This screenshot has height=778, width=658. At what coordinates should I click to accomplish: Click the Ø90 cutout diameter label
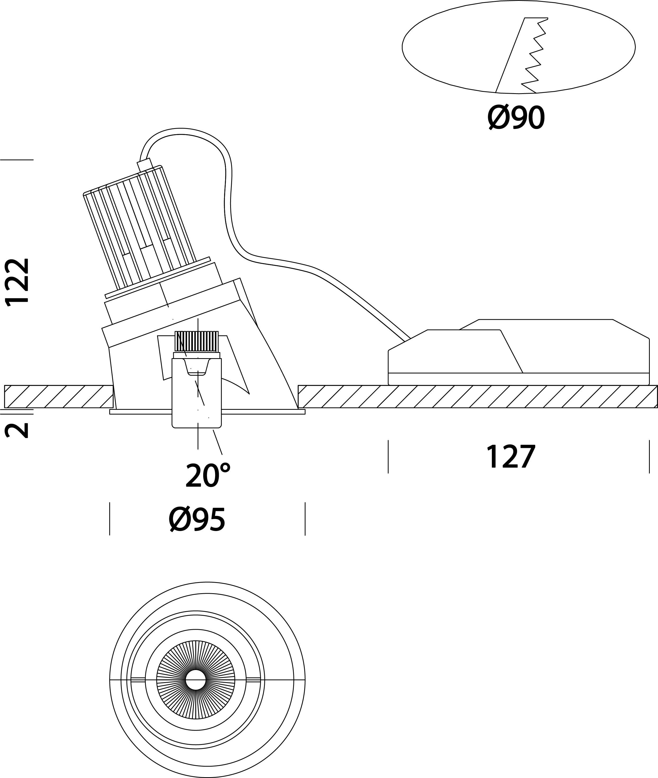[516, 118]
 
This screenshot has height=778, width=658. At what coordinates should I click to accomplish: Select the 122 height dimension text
[17, 282]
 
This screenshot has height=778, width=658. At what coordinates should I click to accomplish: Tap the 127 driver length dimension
[511, 456]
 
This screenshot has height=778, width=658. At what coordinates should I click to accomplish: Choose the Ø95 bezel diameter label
[197, 520]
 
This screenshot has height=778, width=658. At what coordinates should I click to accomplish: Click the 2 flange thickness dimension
[17, 430]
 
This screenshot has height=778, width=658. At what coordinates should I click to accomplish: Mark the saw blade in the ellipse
[522, 55]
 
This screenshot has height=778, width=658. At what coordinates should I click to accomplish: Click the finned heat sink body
[140, 230]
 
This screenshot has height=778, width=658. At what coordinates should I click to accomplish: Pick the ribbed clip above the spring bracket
[197, 341]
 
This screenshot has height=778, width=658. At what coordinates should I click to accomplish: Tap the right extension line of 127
[649, 457]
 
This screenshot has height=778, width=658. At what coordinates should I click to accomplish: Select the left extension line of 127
[388, 457]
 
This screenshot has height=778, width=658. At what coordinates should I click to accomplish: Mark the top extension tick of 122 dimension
[17, 160]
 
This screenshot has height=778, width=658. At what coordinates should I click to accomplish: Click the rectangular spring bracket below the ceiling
[197, 393]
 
